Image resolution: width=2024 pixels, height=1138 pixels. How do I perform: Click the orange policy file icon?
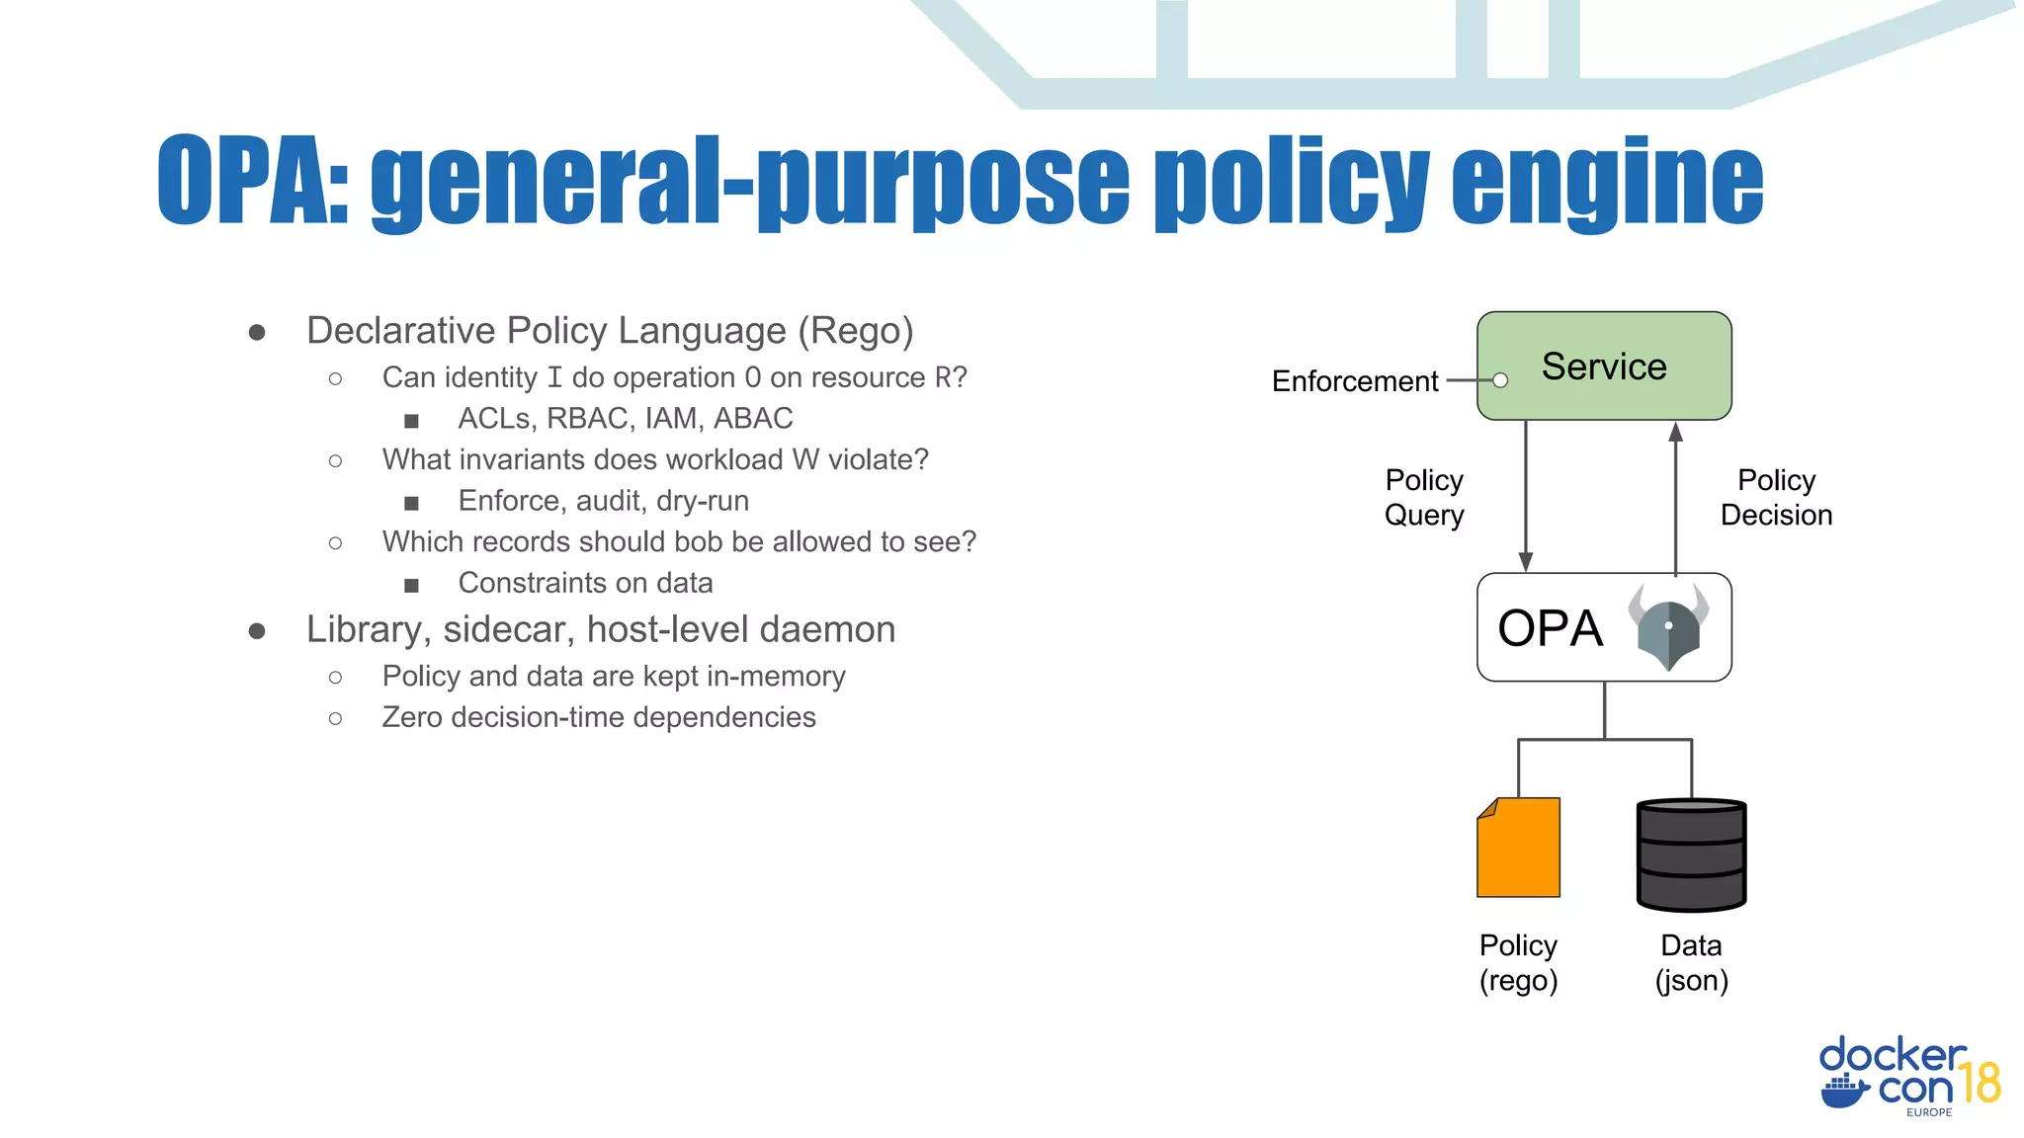point(1518,848)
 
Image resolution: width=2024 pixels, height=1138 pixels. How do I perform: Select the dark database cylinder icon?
point(1691,854)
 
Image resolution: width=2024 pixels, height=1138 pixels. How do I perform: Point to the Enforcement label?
point(1354,381)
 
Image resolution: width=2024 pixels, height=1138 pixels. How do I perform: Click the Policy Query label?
point(1423,497)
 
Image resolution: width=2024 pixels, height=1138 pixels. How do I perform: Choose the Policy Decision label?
point(1776,497)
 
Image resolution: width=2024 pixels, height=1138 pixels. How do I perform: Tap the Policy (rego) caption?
point(1518,962)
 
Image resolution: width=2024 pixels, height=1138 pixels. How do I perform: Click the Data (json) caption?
point(1691,962)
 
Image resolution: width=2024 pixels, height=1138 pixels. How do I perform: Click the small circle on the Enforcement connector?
point(1500,380)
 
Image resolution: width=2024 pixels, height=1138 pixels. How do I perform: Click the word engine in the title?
point(1607,183)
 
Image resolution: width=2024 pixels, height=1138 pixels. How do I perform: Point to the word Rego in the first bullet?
point(856,331)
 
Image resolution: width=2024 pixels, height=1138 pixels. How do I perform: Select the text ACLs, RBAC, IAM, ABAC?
point(625,419)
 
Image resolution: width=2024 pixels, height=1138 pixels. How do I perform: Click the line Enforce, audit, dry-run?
point(603,501)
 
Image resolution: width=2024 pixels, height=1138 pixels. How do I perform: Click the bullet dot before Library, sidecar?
point(257,630)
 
